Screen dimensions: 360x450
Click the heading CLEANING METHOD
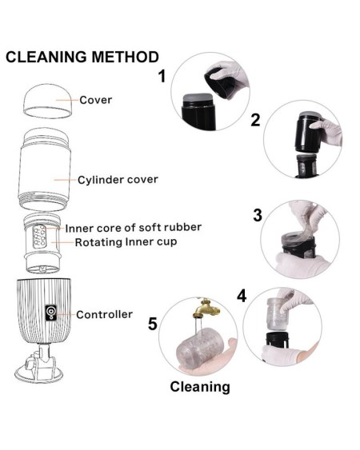click(82, 57)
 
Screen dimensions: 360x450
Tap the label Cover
click(96, 100)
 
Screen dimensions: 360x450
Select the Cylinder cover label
click(118, 180)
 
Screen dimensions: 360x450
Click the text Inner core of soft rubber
click(134, 228)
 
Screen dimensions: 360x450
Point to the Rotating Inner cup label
click(126, 242)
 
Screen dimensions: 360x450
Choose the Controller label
click(104, 314)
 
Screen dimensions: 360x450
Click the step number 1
click(162, 77)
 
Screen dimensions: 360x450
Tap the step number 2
click(255, 120)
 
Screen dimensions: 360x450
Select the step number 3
click(258, 215)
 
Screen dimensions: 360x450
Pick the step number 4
click(242, 296)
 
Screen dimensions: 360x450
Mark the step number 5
click(153, 324)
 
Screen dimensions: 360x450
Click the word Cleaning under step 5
click(200, 387)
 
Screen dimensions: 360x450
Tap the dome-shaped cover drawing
click(47, 101)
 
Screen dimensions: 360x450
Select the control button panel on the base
click(51, 313)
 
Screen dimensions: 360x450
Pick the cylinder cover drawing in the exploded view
click(45, 169)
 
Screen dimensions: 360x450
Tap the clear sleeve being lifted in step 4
click(278, 314)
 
